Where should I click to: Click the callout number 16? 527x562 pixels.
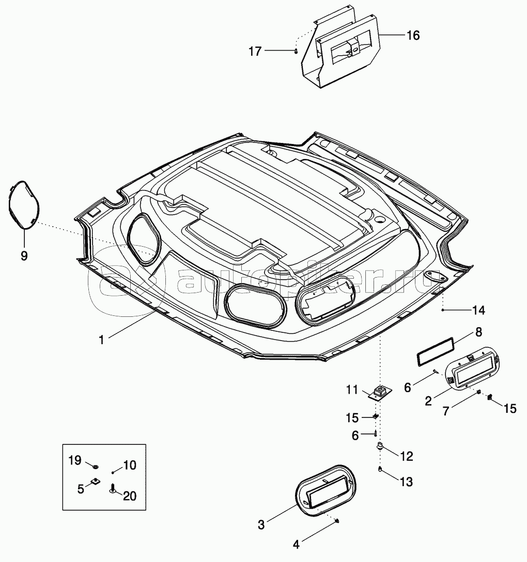click(413, 36)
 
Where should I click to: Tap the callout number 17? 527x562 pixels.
click(255, 51)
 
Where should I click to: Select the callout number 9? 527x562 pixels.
click(24, 256)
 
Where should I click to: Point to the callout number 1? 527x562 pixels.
click(102, 340)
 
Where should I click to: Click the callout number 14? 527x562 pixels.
click(478, 310)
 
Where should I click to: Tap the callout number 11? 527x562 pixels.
click(352, 389)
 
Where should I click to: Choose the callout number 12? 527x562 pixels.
click(406, 456)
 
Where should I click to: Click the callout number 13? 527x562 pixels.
click(406, 481)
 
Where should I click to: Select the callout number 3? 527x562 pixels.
click(261, 525)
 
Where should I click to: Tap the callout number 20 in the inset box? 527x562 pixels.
click(130, 496)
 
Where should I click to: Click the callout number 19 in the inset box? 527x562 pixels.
click(75, 460)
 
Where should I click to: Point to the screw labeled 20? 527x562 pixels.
click(112, 489)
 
